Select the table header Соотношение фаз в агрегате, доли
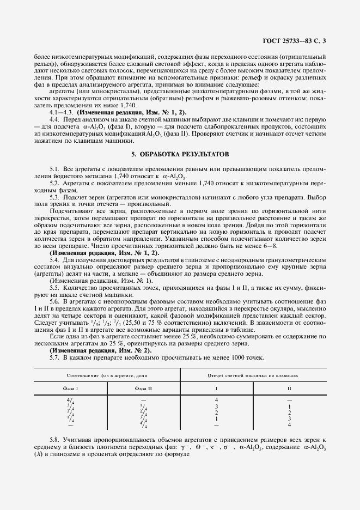coord(107,376)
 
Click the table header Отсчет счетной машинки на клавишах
coord(253,376)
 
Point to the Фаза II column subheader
coord(143,388)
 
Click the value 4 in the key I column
coord(217,400)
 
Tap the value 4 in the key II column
coord(289,424)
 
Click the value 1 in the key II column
coord(289,406)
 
